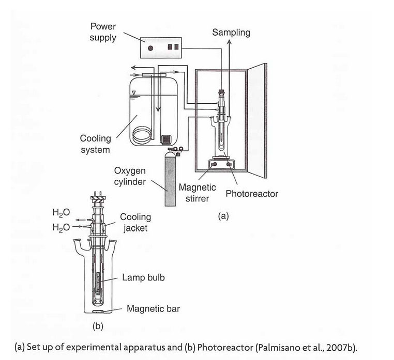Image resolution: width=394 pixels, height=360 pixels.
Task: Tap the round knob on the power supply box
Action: coord(150,48)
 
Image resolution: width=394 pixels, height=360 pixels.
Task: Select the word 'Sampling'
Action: coord(231,33)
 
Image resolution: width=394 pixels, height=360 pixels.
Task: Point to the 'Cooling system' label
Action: coord(95,144)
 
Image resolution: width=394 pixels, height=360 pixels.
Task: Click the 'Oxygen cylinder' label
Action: coord(132,177)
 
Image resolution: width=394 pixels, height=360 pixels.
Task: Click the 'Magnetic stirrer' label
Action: coord(197,193)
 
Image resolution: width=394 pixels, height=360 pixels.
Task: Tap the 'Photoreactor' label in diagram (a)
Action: coord(252,194)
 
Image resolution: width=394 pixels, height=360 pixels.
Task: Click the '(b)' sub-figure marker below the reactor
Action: coord(98,326)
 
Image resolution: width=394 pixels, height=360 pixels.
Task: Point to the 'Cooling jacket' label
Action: coord(135,222)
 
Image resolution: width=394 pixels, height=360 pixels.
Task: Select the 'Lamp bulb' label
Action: coord(143,277)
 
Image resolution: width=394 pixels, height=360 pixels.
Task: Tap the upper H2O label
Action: coord(61,212)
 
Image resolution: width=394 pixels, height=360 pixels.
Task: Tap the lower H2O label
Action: coord(61,227)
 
